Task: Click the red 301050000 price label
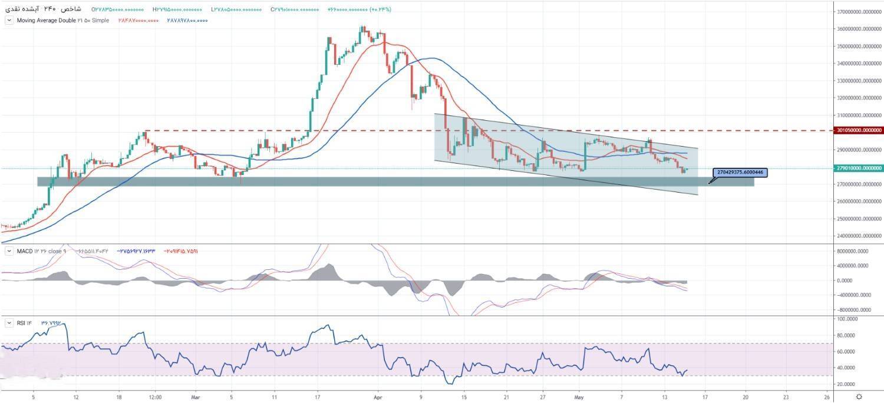[859, 130]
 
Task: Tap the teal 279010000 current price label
[859, 168]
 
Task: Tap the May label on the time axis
[579, 397]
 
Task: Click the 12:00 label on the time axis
[154, 397]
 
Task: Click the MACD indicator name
[24, 252]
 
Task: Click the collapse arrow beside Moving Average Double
[9, 21]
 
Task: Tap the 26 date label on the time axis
[827, 397]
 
